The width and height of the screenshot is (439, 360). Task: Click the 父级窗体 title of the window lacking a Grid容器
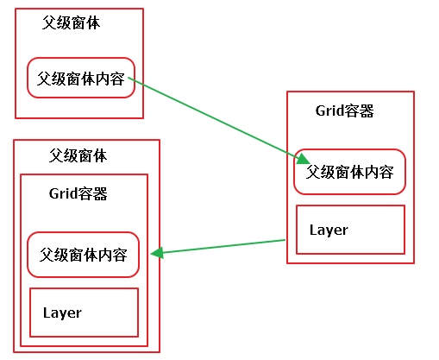(71, 22)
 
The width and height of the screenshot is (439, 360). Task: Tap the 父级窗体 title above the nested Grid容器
(78, 155)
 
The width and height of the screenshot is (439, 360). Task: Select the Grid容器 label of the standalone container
(344, 111)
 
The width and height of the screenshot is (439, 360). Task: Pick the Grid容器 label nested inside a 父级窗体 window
(78, 193)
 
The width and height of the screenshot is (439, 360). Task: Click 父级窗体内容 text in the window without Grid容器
(81, 79)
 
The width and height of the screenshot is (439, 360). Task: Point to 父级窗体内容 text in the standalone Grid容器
(349, 172)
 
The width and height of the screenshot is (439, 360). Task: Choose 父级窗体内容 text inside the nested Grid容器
(83, 255)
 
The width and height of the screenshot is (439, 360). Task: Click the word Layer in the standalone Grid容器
(329, 230)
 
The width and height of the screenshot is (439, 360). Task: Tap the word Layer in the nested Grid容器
(62, 313)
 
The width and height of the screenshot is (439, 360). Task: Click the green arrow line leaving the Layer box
(217, 247)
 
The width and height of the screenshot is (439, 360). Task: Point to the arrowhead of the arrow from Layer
(157, 253)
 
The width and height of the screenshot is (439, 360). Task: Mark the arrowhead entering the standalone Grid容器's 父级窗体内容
(303, 159)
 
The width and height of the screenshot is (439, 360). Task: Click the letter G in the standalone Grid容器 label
(320, 111)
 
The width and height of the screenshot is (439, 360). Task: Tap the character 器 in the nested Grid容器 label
(100, 193)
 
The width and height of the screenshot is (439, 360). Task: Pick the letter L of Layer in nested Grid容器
(47, 312)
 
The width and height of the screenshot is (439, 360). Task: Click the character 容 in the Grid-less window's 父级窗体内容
(117, 79)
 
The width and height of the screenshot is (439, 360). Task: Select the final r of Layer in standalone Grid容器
(345, 231)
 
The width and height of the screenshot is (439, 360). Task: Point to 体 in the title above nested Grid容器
(100, 155)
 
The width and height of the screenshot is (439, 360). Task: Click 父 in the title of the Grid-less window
(49, 22)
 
